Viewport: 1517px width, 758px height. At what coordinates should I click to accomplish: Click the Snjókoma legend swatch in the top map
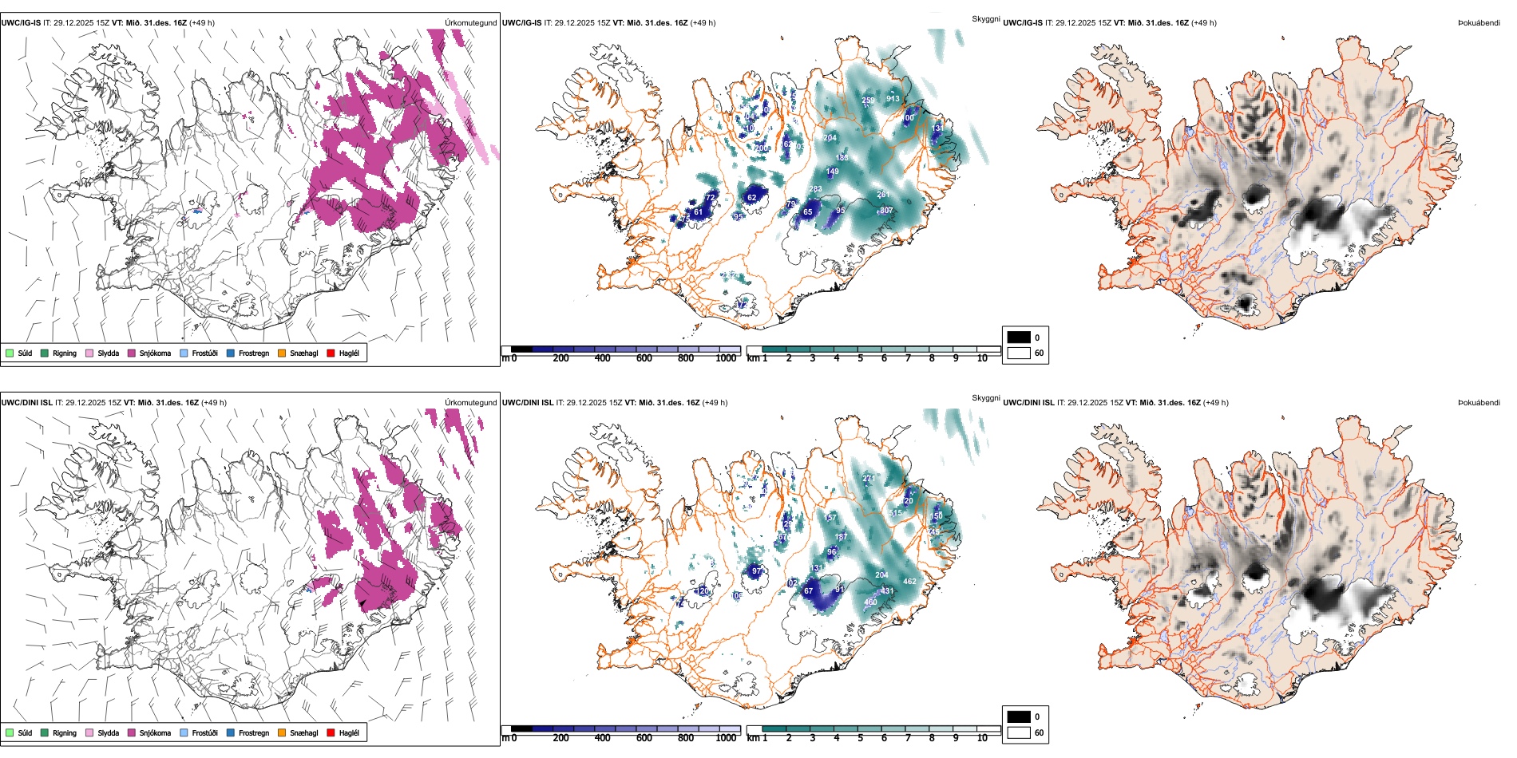[x=132, y=353]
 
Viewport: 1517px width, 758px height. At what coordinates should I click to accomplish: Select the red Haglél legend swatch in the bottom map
[x=331, y=732]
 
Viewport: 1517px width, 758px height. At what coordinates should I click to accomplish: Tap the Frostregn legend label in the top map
[x=254, y=353]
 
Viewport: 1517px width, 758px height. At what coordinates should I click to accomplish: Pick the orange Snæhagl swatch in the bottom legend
[x=282, y=732]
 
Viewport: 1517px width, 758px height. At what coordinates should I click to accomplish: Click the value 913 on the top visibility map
[x=893, y=99]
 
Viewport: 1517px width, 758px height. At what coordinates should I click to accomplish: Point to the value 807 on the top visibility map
[x=885, y=211]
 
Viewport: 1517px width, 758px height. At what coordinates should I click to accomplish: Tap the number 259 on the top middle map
[x=868, y=101]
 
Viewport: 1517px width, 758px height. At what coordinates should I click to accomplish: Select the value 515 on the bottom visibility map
[x=895, y=513]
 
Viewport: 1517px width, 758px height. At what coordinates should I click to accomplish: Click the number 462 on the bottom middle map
[x=909, y=582]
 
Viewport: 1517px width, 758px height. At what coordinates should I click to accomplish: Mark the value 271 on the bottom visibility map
[x=869, y=479]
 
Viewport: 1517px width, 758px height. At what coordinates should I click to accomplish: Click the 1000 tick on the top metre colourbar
[x=726, y=358]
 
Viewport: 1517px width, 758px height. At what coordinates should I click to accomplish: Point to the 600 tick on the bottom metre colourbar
[x=644, y=738]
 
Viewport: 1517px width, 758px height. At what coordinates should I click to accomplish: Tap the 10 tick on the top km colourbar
[x=982, y=358]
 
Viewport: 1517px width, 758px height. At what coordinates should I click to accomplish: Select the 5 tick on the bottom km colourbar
[x=861, y=738]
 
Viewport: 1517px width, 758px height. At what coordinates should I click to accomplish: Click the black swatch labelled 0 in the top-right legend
[x=1019, y=338]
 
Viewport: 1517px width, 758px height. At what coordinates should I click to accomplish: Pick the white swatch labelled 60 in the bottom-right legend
[x=1019, y=732]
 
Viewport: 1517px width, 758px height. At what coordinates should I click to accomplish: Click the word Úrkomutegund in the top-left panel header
[x=471, y=23]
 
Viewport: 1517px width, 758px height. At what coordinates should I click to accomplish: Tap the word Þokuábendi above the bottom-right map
[x=1479, y=403]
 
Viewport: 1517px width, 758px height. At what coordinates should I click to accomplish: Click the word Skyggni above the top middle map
[x=986, y=18]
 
